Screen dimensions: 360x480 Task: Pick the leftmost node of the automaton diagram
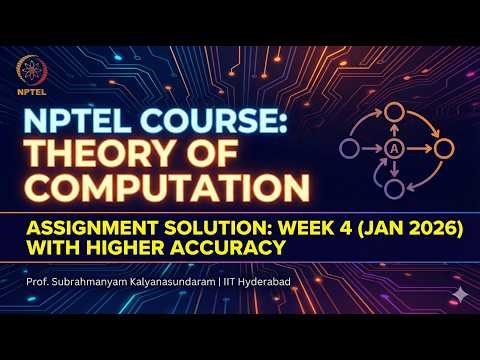(x=348, y=149)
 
